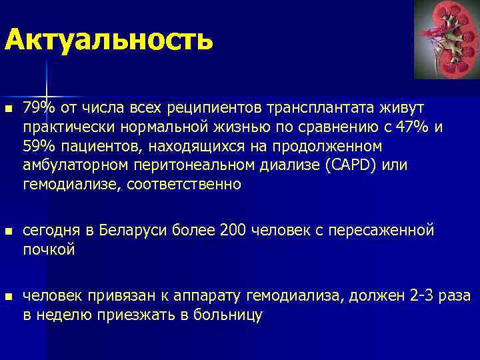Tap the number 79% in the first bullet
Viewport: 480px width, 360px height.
[x=35, y=107]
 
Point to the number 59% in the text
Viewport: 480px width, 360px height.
[x=35, y=145]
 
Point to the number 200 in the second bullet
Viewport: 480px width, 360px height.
[x=233, y=231]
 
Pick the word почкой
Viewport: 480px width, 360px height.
[x=49, y=249]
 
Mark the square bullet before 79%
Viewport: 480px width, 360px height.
[x=8, y=109]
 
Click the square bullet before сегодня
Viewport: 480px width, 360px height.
[x=8, y=231]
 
